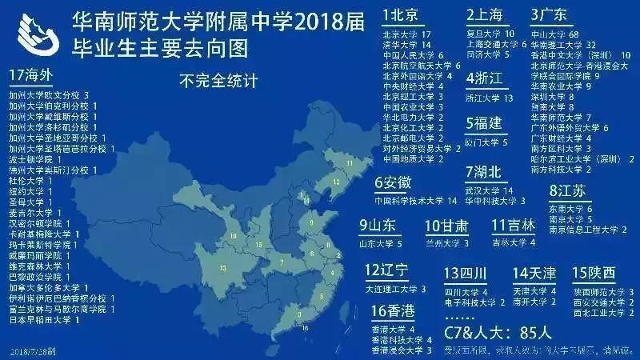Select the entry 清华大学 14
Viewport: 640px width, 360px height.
(407, 46)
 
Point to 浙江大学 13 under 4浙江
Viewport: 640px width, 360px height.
(488, 98)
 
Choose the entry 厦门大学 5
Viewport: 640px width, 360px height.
(487, 142)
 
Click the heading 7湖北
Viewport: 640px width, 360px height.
(485, 173)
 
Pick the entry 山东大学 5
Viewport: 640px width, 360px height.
(381, 242)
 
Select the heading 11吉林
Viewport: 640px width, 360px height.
(513, 226)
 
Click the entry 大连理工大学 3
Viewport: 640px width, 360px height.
(395, 288)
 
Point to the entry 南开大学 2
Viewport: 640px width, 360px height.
(535, 302)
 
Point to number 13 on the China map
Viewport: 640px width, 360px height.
(222, 266)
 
